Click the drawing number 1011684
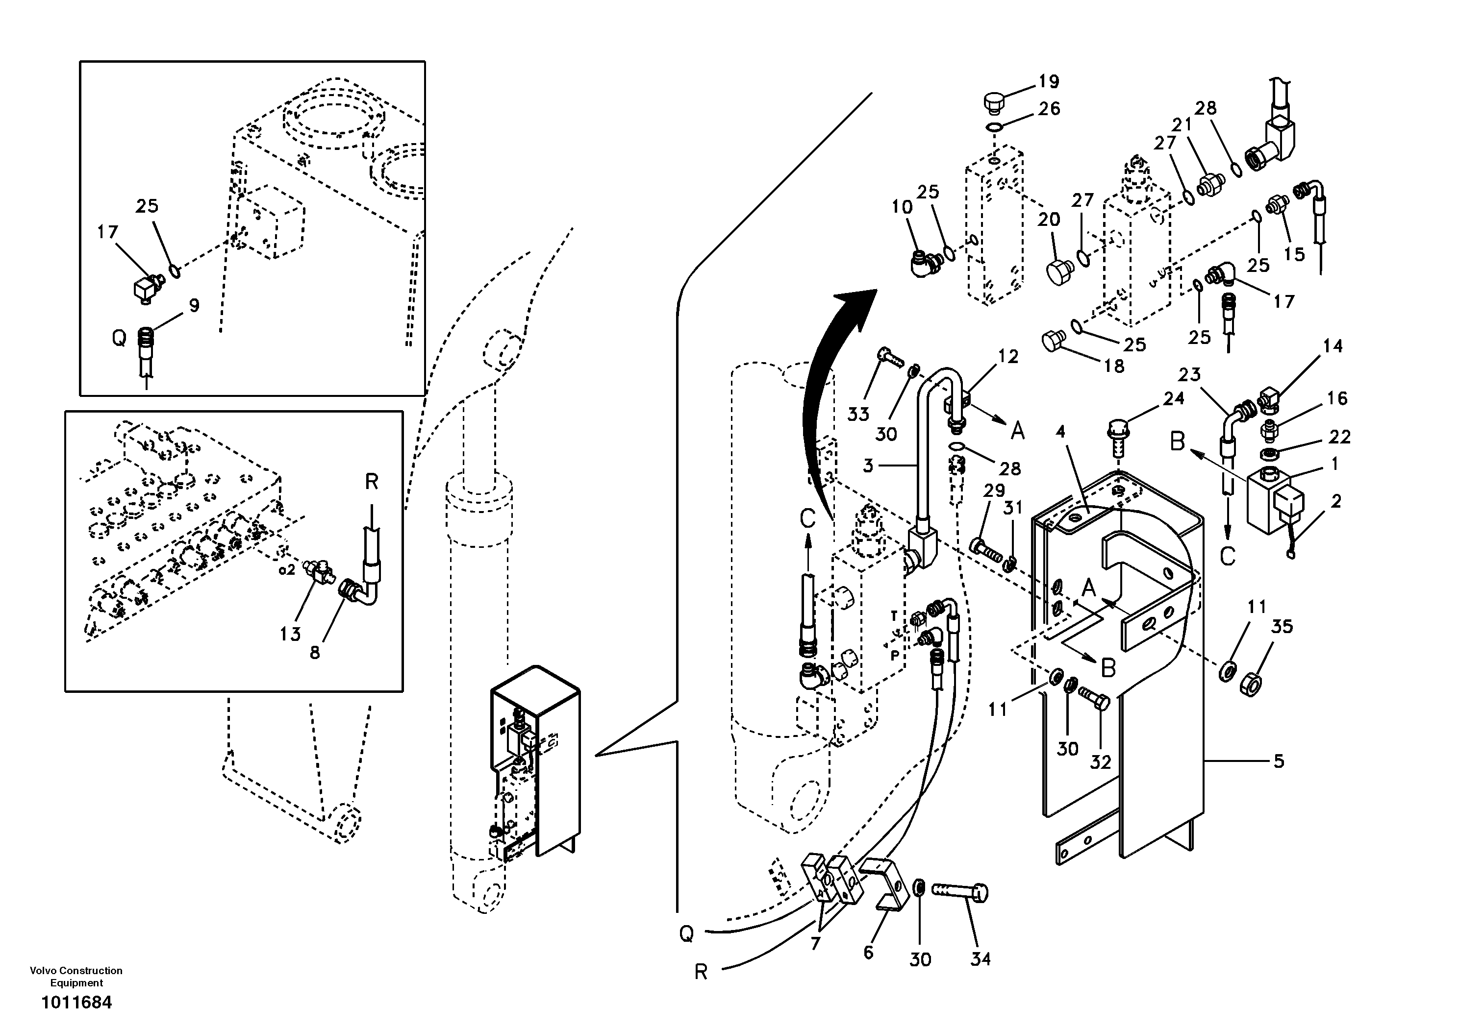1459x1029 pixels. (x=76, y=1003)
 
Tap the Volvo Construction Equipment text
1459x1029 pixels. (x=76, y=976)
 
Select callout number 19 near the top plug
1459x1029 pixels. (x=1049, y=81)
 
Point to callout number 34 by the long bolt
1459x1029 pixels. (x=980, y=958)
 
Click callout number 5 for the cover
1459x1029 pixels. (x=1279, y=760)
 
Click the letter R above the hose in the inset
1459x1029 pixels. (x=372, y=482)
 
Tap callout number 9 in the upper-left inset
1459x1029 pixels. (x=194, y=306)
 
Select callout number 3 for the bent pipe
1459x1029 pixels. (x=869, y=465)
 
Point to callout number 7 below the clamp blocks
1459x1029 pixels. (x=816, y=943)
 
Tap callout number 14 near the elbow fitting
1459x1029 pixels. (x=1333, y=346)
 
